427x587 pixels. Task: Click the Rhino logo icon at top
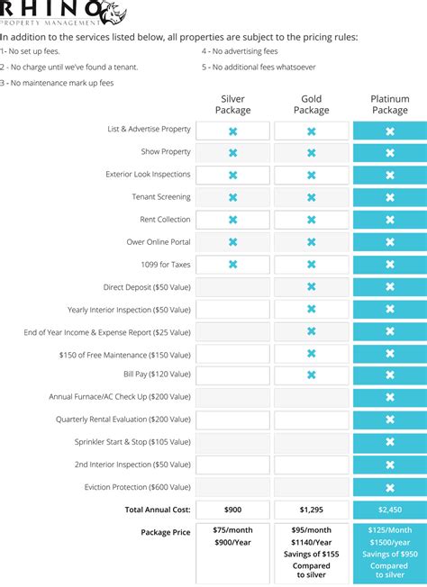click(111, 12)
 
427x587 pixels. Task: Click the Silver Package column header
click(232, 104)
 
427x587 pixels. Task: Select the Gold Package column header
click(311, 104)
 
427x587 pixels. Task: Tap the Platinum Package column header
click(389, 104)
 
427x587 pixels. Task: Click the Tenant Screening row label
click(160, 197)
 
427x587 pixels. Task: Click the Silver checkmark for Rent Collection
click(232, 220)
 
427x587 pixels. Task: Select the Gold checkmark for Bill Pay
click(311, 375)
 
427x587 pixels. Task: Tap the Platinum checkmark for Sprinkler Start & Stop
click(389, 442)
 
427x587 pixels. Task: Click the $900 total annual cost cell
click(232, 510)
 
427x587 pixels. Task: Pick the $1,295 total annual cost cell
click(311, 510)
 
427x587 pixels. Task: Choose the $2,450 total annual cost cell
click(389, 510)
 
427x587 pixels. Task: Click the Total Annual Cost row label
click(157, 510)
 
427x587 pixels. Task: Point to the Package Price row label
click(165, 532)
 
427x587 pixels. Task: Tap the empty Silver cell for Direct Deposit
click(232, 286)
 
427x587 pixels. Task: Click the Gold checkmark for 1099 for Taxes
click(311, 264)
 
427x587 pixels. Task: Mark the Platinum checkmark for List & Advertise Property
click(389, 131)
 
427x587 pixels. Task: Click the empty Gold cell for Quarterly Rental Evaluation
click(311, 420)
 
